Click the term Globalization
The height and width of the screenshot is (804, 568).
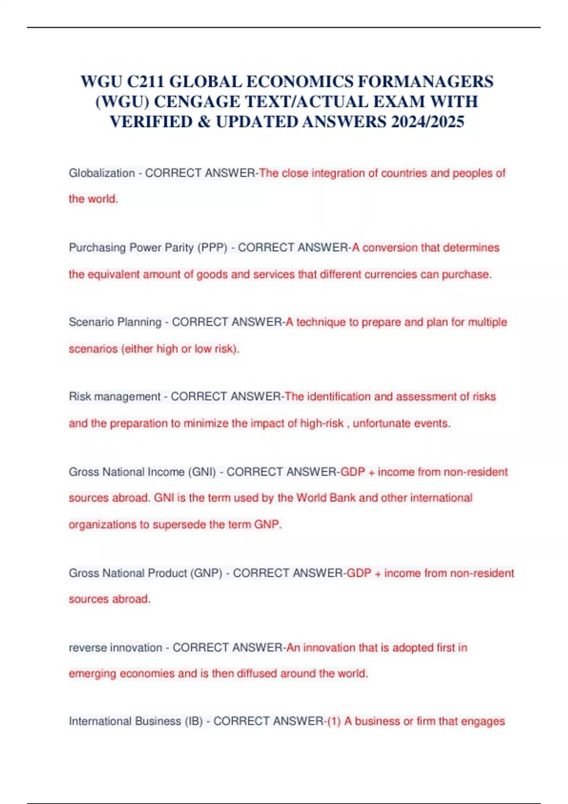102,173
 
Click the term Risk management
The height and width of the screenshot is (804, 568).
115,396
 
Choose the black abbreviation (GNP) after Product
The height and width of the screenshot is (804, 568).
206,573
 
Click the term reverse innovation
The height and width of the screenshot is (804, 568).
115,647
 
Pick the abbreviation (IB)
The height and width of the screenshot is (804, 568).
194,721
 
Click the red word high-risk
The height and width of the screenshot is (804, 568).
322,423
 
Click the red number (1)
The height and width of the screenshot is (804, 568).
334,721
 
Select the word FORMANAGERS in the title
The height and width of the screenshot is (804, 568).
426,82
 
